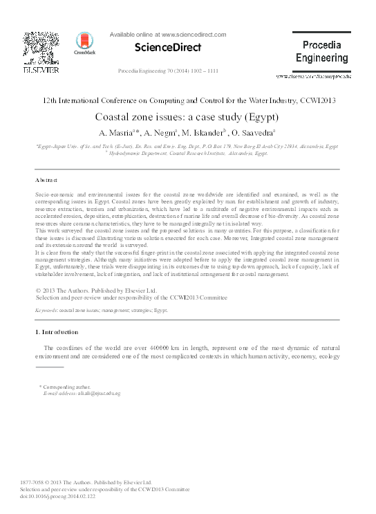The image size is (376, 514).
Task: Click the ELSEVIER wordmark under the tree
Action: [x=41, y=70]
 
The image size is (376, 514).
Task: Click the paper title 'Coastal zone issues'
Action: [x=187, y=117]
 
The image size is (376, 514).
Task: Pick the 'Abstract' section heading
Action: [x=47, y=179]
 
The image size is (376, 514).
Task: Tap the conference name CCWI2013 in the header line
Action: [x=318, y=100]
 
